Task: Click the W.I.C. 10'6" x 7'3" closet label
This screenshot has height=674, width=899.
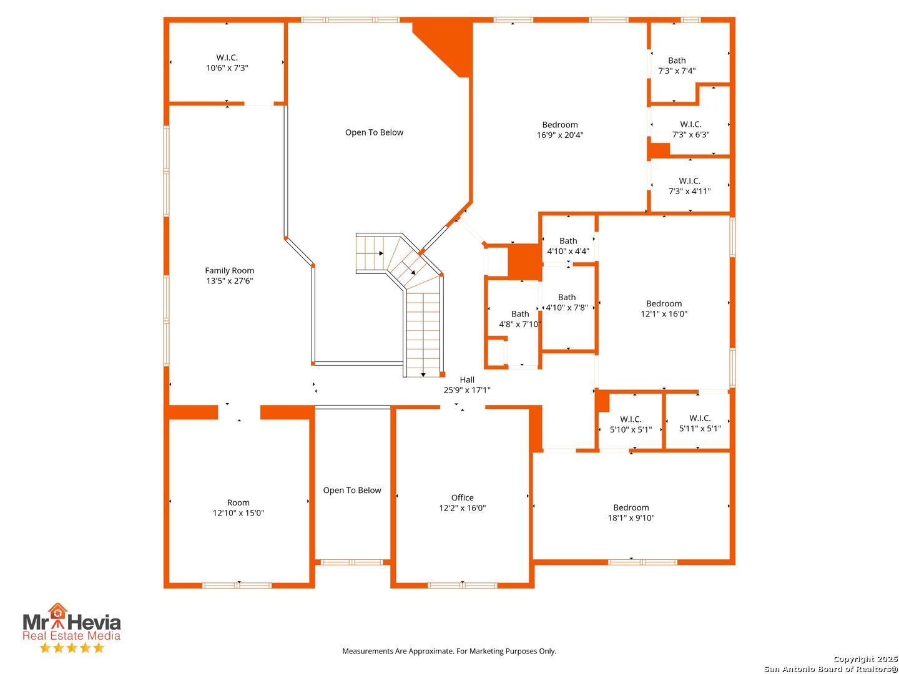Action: pos(227,62)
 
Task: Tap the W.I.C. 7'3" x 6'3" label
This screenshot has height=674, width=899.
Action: pos(690,129)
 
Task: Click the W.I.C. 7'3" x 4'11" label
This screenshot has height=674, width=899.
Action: pos(689,185)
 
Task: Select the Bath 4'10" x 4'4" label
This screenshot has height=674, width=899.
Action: pos(567,245)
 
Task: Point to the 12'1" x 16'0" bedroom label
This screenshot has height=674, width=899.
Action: pos(663,308)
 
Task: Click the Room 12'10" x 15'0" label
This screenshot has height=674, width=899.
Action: pos(238,507)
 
